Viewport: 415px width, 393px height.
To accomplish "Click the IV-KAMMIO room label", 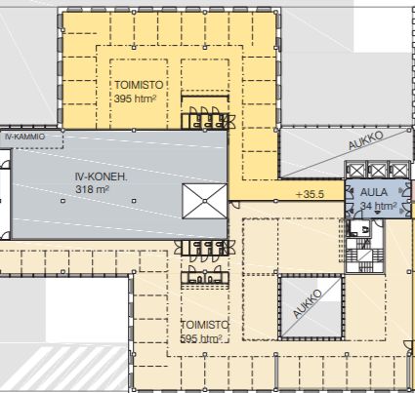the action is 25,137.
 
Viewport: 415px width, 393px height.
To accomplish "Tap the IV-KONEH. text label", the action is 101,177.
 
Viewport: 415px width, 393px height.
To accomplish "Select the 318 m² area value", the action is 92,189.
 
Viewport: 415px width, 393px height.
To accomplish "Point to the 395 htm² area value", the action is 135,98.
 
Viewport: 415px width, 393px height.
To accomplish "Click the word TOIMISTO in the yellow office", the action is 139,85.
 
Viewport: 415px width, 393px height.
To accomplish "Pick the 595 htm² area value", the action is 201,338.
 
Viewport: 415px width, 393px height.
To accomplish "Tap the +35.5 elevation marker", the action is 310,194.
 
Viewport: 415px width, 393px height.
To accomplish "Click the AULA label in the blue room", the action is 374,192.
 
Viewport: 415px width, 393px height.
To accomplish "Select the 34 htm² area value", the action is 379,206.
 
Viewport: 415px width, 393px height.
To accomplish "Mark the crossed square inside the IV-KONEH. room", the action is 204,201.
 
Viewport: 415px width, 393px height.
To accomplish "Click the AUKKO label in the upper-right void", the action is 365,140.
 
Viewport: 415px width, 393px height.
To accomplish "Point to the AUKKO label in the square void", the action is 308,303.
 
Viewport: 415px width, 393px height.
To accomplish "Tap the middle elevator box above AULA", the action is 378,170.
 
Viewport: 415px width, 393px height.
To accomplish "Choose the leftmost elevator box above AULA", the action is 355,170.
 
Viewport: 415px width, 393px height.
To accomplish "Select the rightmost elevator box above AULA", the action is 398,170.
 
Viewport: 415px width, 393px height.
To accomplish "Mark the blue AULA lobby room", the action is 378,198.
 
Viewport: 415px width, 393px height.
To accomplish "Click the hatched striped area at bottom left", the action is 65,368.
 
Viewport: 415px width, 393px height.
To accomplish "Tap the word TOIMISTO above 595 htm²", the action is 205,325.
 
